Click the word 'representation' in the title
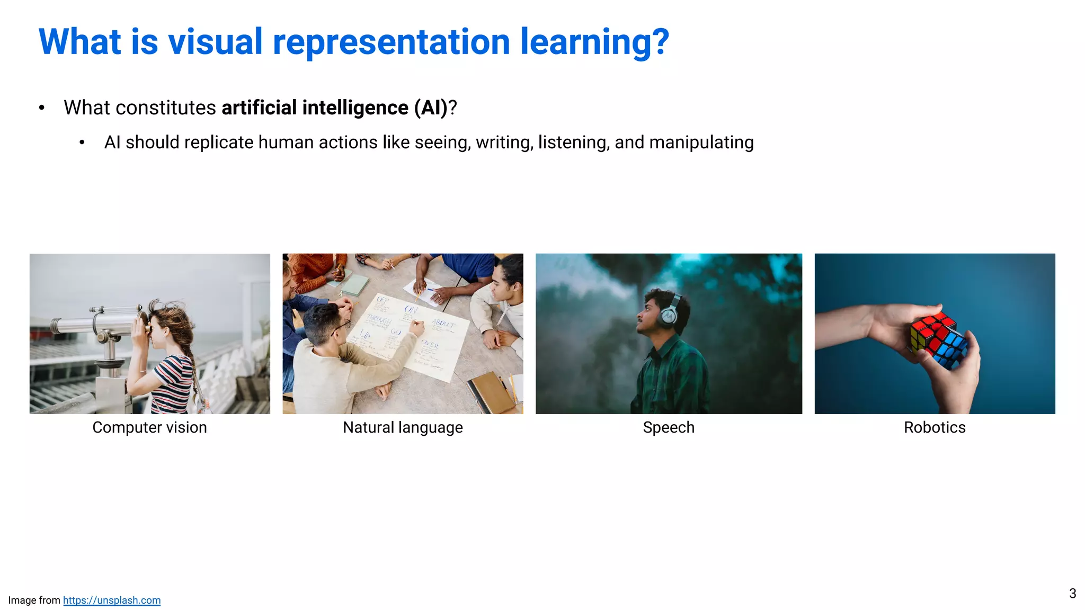tap(391, 42)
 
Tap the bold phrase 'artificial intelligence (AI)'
tap(334, 107)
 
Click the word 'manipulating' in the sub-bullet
tap(701, 142)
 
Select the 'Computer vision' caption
tap(149, 427)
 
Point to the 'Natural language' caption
tap(403, 427)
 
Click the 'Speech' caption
tap(669, 427)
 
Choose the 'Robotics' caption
tap(935, 427)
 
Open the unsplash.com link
tap(112, 600)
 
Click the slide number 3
tap(1072, 594)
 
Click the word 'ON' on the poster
tap(411, 309)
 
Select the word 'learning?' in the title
tap(594, 42)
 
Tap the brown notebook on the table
tap(490, 393)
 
